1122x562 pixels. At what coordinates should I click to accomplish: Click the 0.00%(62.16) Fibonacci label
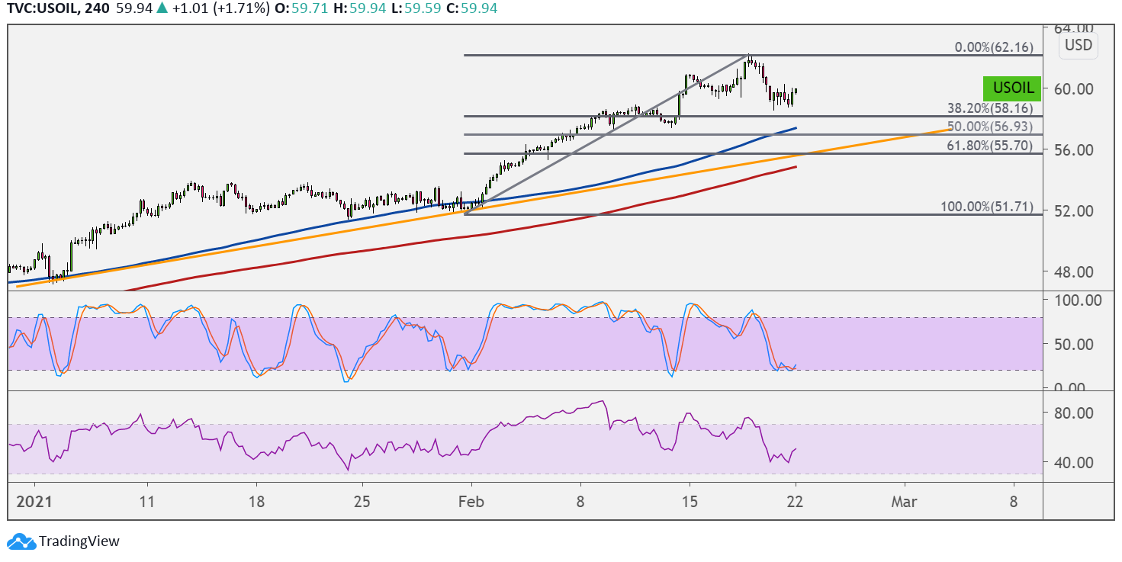(x=994, y=47)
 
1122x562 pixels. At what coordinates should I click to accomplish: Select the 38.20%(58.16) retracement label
(x=990, y=108)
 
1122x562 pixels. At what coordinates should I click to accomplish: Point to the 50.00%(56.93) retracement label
(x=990, y=127)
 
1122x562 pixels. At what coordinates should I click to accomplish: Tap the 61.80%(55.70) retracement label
(x=990, y=146)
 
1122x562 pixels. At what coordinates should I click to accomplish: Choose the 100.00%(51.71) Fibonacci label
(x=987, y=207)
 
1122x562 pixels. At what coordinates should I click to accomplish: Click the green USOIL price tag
(x=1012, y=88)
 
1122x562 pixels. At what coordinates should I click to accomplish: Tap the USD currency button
(x=1078, y=45)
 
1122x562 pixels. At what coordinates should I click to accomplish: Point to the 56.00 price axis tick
(x=1073, y=149)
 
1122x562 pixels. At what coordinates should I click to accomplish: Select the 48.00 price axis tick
(x=1073, y=272)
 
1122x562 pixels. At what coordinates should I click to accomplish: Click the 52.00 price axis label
(x=1073, y=211)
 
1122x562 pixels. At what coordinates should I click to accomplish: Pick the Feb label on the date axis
(x=471, y=502)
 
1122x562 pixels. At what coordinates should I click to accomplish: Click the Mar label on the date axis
(x=904, y=502)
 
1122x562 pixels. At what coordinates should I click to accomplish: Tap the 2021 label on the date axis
(x=34, y=502)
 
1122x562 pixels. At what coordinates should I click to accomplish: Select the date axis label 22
(x=795, y=502)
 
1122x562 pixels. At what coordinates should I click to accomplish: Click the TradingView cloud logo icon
(x=21, y=541)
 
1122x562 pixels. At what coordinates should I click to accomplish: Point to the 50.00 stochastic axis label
(x=1073, y=345)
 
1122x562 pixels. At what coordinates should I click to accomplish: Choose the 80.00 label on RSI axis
(x=1073, y=413)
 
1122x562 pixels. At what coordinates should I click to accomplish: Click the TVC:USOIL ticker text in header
(x=43, y=8)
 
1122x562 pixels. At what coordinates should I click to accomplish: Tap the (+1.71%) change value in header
(x=241, y=8)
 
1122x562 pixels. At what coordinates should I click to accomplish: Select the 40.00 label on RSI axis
(x=1073, y=462)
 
